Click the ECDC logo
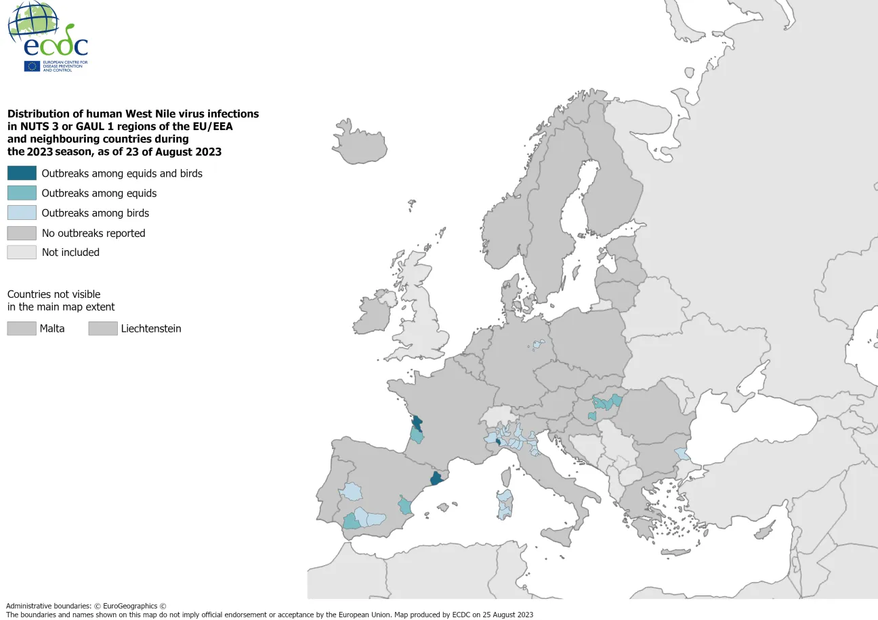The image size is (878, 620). (47, 37)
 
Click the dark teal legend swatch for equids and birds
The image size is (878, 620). (22, 173)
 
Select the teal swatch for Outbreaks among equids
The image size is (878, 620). (22, 193)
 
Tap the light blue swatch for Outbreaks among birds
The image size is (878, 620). (22, 213)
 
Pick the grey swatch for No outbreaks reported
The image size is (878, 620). (22, 233)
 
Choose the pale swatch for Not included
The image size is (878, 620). (22, 252)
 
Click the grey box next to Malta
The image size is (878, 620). (22, 328)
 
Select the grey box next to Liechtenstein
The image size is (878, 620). (102, 328)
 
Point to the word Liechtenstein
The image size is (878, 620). (151, 329)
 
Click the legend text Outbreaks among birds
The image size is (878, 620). (95, 213)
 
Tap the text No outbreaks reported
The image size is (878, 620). (93, 233)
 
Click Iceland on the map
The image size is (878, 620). (360, 142)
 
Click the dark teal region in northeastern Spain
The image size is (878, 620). (437, 479)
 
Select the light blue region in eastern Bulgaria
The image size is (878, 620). (681, 453)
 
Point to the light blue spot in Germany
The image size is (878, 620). (537, 345)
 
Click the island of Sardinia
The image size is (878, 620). (504, 504)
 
